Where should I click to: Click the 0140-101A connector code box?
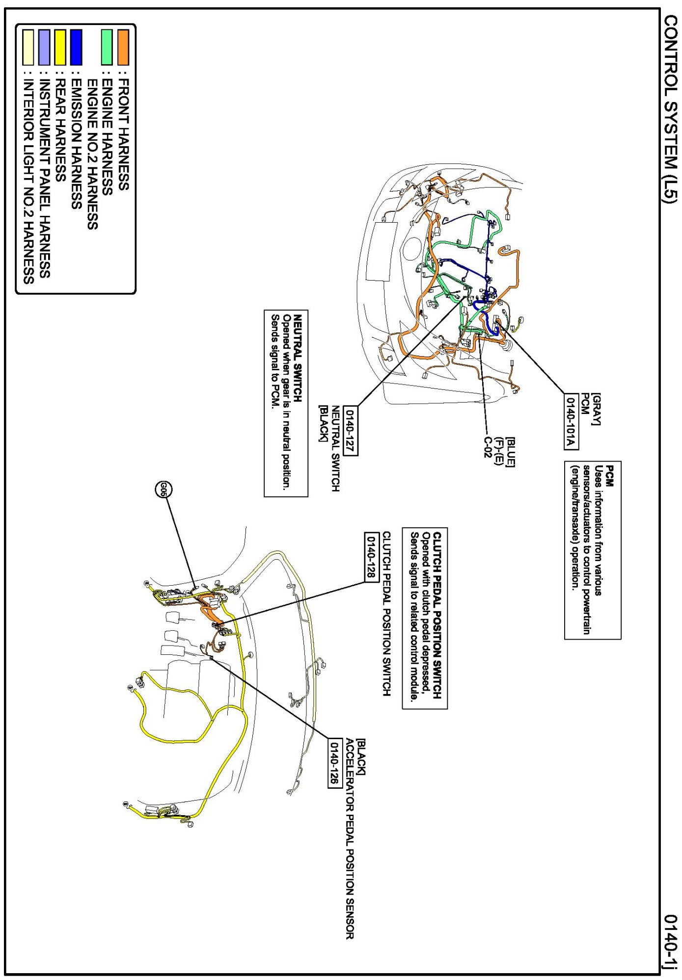[x=571, y=421]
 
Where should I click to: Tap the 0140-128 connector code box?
[x=372, y=557]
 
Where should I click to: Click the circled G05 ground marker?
[x=164, y=489]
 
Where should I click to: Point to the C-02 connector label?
[x=487, y=447]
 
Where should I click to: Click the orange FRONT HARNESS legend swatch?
[x=123, y=47]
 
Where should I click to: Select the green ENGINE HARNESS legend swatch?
[x=107, y=47]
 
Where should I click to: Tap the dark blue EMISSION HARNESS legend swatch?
[x=76, y=47]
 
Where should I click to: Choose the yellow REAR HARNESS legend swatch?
[x=60, y=47]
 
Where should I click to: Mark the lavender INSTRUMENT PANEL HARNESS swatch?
[x=44, y=47]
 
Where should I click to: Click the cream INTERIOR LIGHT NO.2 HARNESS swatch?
[x=28, y=47]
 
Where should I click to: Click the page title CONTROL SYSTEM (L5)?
[x=670, y=108]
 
